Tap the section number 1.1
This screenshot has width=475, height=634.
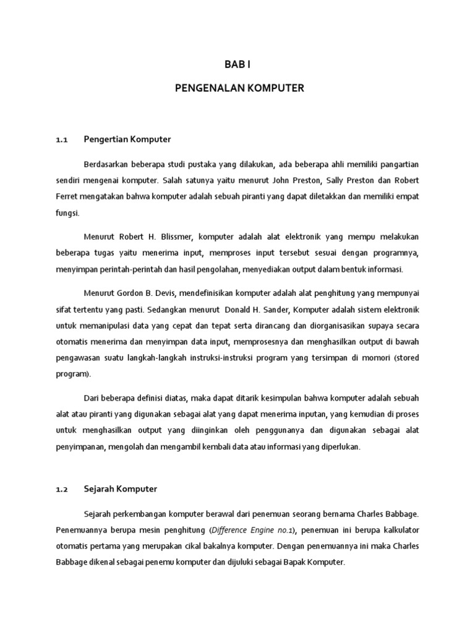tap(61, 140)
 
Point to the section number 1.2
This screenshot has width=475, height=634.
tap(61, 490)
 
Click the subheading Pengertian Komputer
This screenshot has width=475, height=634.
tap(127, 139)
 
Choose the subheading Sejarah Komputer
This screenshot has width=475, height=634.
tap(121, 489)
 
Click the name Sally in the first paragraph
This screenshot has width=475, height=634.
tap(332, 180)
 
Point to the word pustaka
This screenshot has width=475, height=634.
tap(199, 164)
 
